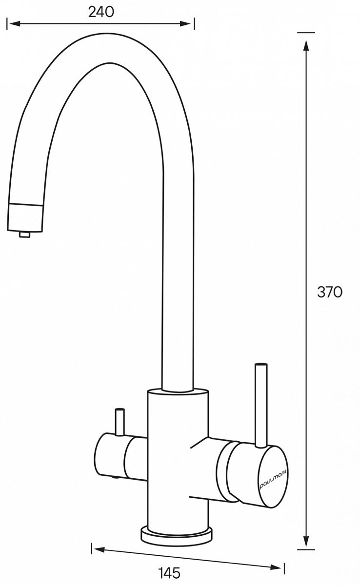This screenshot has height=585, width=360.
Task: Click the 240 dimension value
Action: click(x=101, y=12)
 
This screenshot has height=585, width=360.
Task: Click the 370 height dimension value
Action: click(x=330, y=292)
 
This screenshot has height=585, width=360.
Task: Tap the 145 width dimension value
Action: click(x=170, y=573)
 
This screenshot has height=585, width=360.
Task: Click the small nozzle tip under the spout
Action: click(x=24, y=234)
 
